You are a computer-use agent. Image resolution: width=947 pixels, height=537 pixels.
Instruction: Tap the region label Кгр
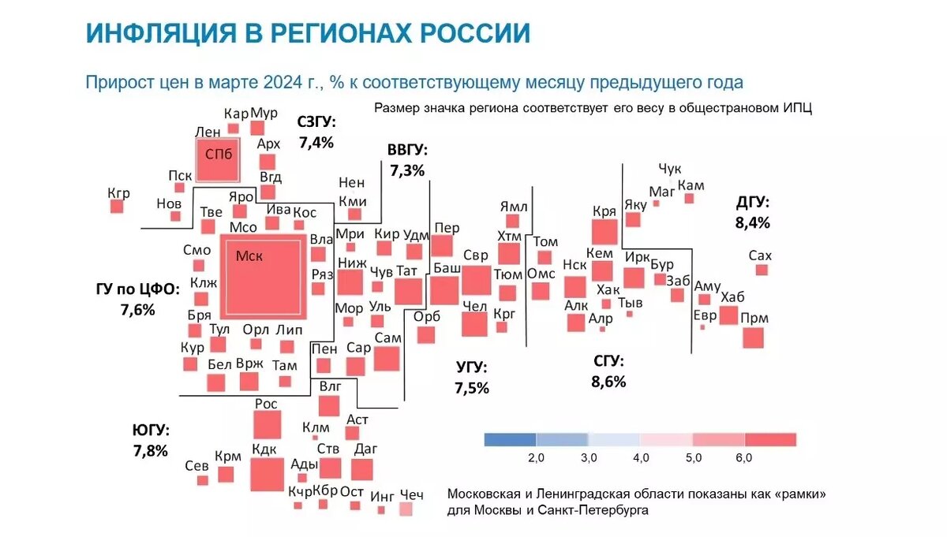(x=119, y=193)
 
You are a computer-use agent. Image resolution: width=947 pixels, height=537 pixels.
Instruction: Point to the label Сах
(x=759, y=255)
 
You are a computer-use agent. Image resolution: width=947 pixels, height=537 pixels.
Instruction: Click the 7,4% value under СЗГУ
(x=316, y=143)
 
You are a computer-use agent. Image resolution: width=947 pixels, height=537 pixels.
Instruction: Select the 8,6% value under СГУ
(x=608, y=382)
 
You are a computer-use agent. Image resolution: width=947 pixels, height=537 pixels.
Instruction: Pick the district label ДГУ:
(x=752, y=202)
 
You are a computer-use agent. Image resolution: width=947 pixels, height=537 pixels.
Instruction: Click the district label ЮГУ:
(x=151, y=431)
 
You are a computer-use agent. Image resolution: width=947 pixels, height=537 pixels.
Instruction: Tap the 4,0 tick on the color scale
(x=641, y=458)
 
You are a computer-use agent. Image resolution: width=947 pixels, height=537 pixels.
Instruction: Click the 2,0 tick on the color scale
(x=536, y=458)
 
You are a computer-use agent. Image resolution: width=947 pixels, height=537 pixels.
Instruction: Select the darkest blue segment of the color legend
(x=510, y=439)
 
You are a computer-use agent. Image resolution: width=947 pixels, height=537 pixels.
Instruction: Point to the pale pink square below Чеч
(x=406, y=510)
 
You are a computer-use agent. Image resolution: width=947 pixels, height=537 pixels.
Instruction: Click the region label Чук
(x=669, y=169)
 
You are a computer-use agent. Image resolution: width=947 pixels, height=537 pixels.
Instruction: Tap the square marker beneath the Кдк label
(x=268, y=474)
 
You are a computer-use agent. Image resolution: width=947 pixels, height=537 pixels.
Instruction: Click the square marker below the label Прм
(x=754, y=337)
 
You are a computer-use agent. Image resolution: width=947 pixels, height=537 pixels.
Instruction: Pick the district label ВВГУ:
(x=407, y=150)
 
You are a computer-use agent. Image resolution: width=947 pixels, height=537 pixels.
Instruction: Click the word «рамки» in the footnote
(x=797, y=494)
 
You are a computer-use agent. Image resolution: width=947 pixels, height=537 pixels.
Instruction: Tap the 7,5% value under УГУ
(x=472, y=388)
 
